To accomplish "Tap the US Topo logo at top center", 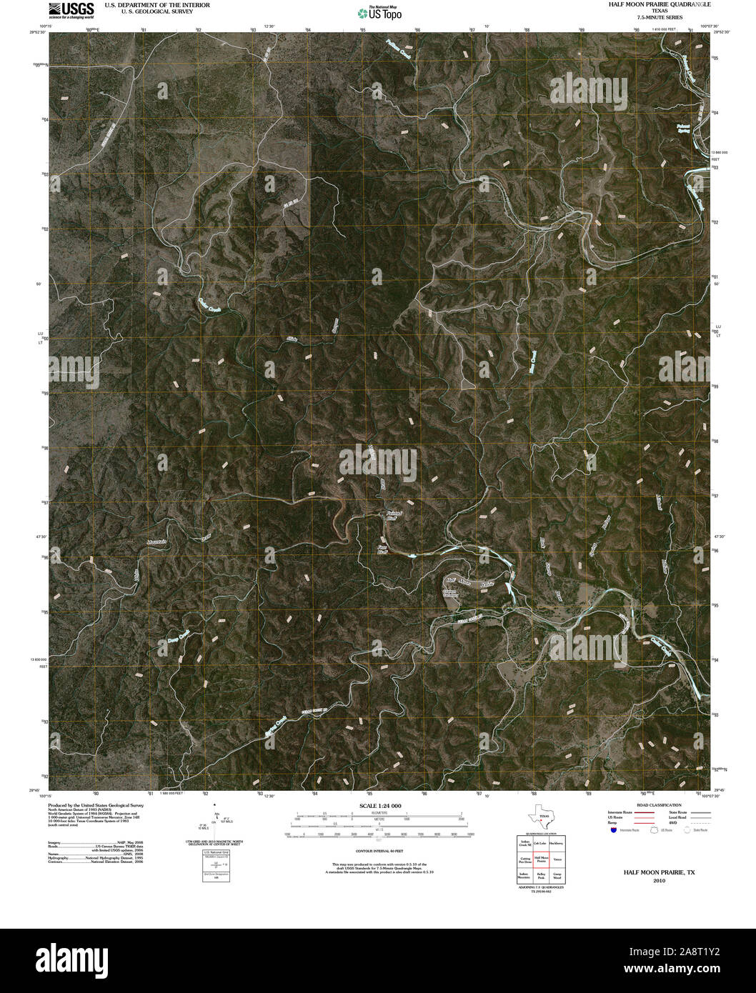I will pyautogui.click(x=379, y=12).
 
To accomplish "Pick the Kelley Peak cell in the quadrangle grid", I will pyautogui.click(x=541, y=876).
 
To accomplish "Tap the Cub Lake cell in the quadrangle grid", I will pyautogui.click(x=541, y=843).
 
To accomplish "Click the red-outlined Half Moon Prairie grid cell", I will pyautogui.click(x=541, y=859).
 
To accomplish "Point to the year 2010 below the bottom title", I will pyautogui.click(x=658, y=881).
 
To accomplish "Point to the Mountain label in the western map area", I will pyautogui.click(x=156, y=543).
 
